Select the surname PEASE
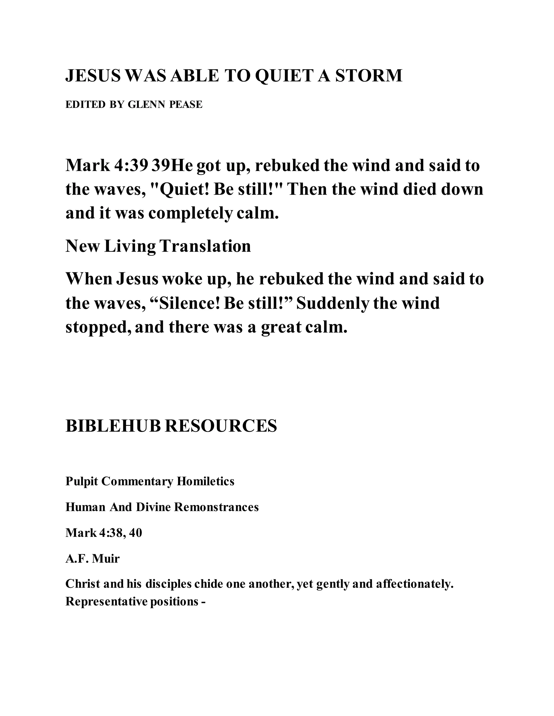(x=186, y=105)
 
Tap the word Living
(x=130, y=246)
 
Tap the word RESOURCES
(x=220, y=426)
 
